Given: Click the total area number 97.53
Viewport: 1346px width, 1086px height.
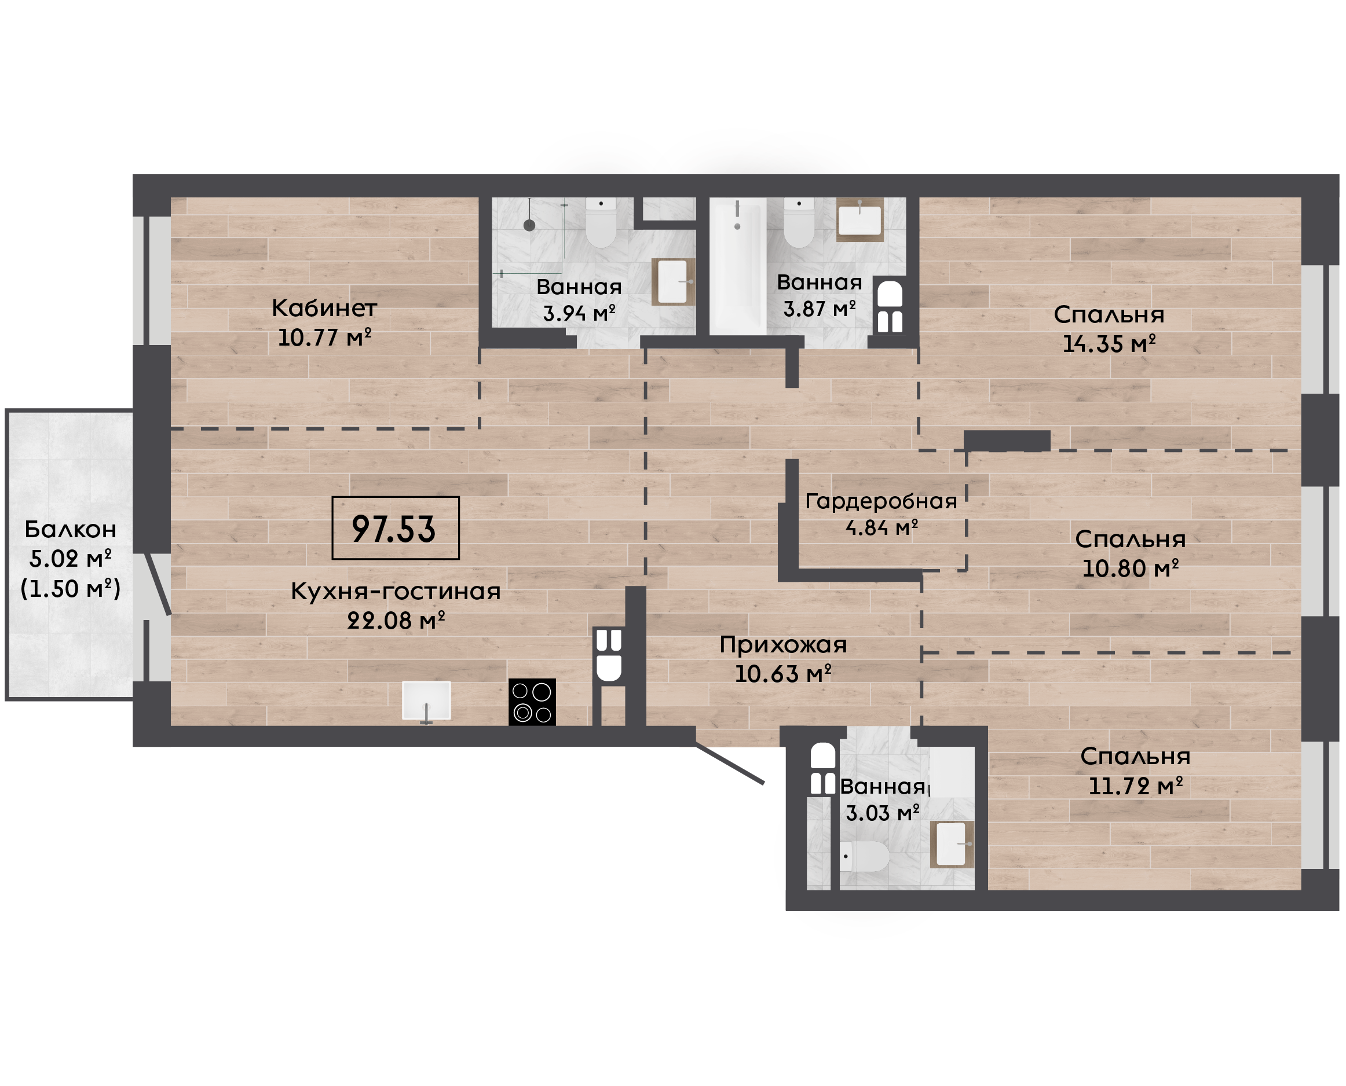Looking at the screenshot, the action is [x=394, y=529].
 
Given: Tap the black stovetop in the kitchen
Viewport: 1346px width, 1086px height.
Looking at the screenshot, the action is [x=532, y=702].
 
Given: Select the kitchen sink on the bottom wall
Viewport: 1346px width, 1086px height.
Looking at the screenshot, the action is [x=426, y=700].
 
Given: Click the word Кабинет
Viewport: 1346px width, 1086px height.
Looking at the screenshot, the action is [x=324, y=308].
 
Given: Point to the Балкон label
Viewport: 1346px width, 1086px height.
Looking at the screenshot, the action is [x=71, y=529].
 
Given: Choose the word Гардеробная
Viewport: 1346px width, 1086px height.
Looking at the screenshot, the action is [x=881, y=501].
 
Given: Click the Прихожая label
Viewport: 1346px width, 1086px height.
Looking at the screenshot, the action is [x=783, y=645].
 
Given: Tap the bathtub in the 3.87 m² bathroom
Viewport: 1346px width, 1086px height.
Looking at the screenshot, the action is [x=738, y=266].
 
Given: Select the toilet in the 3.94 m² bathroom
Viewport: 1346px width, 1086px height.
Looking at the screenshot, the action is [x=601, y=222].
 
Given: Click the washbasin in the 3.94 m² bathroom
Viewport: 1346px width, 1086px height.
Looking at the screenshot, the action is [x=674, y=281].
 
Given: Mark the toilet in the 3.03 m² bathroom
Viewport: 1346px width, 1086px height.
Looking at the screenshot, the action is [x=864, y=856].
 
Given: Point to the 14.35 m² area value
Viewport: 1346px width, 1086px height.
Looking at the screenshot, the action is [x=1109, y=344].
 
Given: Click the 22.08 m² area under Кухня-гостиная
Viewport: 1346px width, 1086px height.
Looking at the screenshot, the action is [x=396, y=621].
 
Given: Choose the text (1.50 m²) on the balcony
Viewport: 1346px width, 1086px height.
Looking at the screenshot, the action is [x=71, y=589].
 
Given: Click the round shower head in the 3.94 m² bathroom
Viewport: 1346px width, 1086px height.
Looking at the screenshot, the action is [x=529, y=225].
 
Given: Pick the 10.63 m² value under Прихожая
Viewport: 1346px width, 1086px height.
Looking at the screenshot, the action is [x=783, y=674].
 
